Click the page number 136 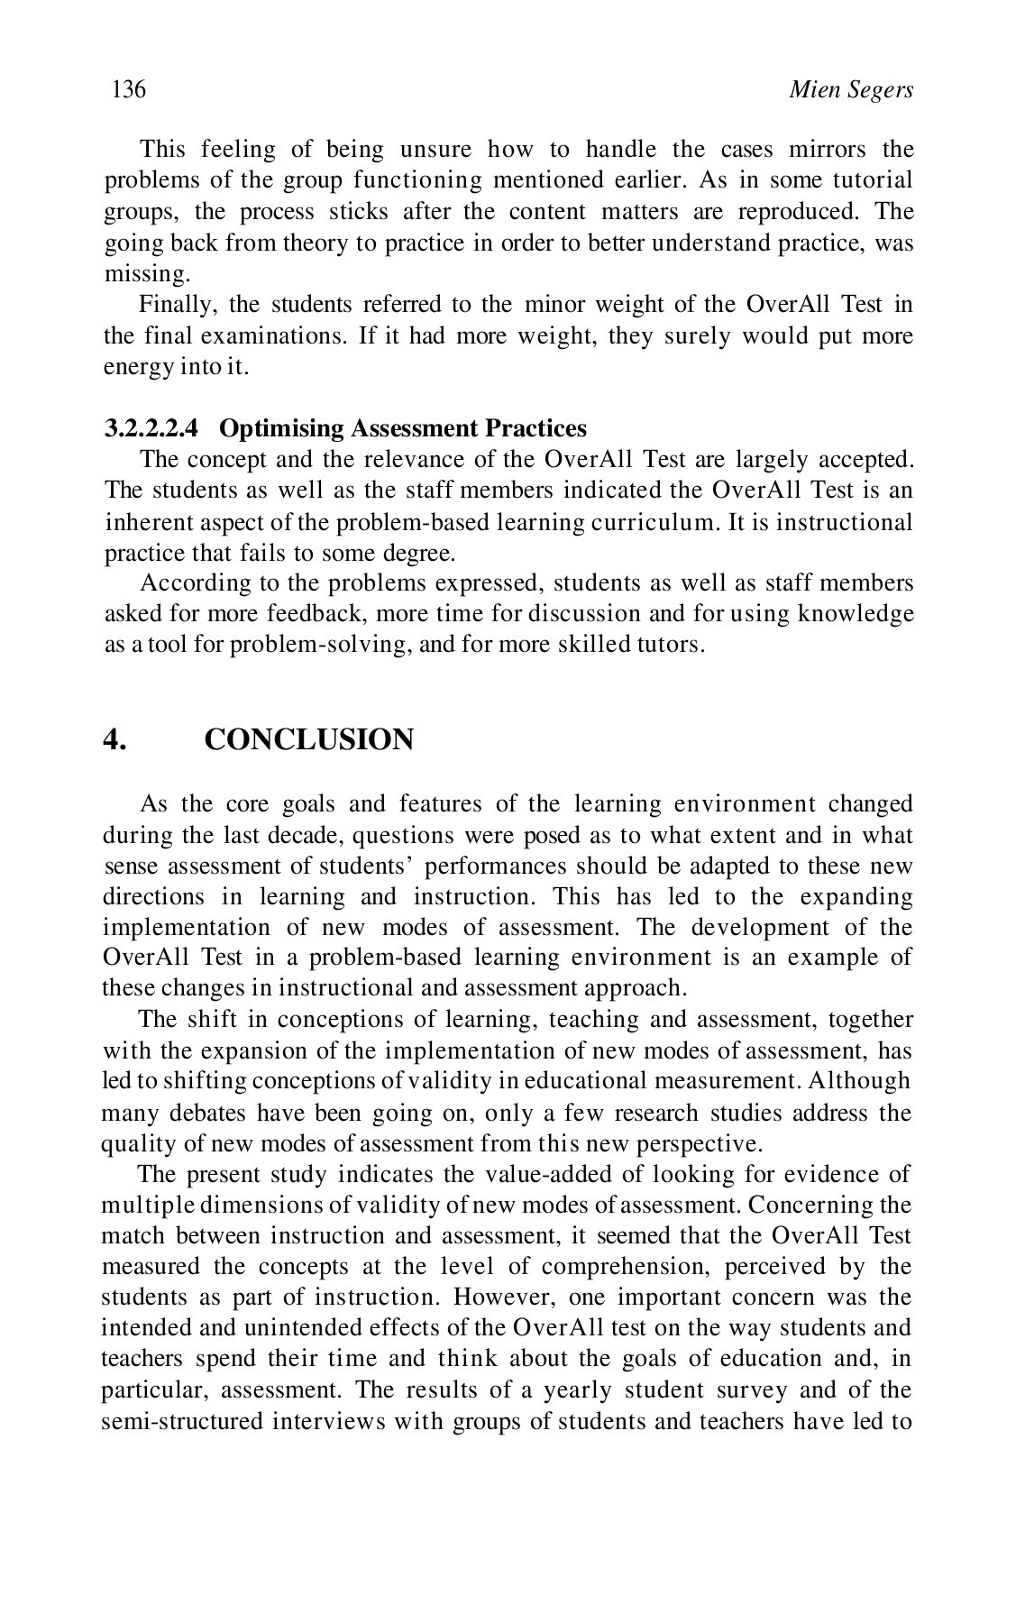coord(128,89)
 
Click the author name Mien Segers coord(850,89)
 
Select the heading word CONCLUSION coord(309,739)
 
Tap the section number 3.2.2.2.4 coord(151,427)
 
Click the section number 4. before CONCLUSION coord(114,739)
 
